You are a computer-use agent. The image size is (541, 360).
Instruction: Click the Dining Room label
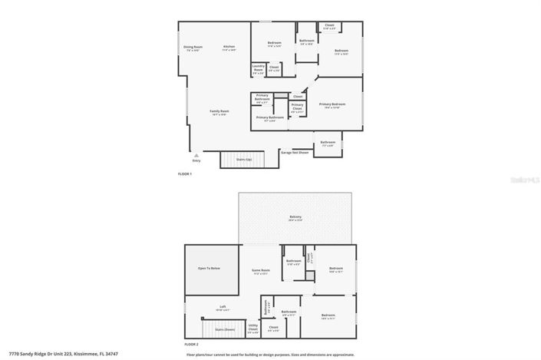192,48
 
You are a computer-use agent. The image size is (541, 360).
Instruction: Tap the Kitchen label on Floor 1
229,48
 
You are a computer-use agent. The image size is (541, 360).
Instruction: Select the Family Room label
219,112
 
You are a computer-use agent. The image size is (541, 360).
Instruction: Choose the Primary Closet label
297,110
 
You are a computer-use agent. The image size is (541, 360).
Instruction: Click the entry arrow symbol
196,155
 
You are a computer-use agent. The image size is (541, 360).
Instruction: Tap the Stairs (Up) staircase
242,160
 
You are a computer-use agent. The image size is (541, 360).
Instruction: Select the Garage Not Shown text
294,152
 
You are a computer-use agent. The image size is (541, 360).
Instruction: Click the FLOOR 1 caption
185,174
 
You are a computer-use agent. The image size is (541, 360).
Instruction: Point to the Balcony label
295,218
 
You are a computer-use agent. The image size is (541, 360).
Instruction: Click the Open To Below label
209,268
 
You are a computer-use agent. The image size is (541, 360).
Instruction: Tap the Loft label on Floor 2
223,308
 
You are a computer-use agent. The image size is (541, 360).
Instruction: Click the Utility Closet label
253,329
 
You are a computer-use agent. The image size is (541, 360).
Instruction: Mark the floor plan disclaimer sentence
270,355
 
